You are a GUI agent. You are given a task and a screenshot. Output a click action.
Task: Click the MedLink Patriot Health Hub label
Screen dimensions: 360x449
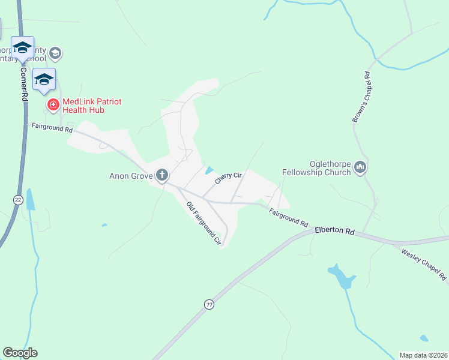[92, 106]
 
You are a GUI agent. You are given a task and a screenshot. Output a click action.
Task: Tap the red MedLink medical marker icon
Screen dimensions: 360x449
[53, 105]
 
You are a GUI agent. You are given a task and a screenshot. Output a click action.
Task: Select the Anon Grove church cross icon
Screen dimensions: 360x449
[161, 175]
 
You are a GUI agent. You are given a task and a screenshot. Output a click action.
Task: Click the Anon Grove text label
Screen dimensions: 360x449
[131, 176]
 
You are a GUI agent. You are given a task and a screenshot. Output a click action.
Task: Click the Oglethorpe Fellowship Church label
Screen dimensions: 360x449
[316, 168]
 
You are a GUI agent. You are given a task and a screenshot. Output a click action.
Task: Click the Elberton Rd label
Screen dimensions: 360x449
[334, 229]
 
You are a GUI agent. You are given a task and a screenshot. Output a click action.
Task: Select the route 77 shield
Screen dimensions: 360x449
[209, 305]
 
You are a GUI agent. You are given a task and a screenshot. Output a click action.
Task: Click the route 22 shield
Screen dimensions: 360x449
[17, 200]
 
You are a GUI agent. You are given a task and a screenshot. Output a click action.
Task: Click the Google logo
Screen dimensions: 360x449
[20, 353]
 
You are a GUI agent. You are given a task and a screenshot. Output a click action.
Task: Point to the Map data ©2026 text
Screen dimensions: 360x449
[423, 355]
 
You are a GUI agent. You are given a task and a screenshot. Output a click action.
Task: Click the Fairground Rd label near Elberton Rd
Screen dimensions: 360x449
[288, 216]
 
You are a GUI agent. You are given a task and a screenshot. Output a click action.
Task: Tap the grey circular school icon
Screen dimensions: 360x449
[55, 53]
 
